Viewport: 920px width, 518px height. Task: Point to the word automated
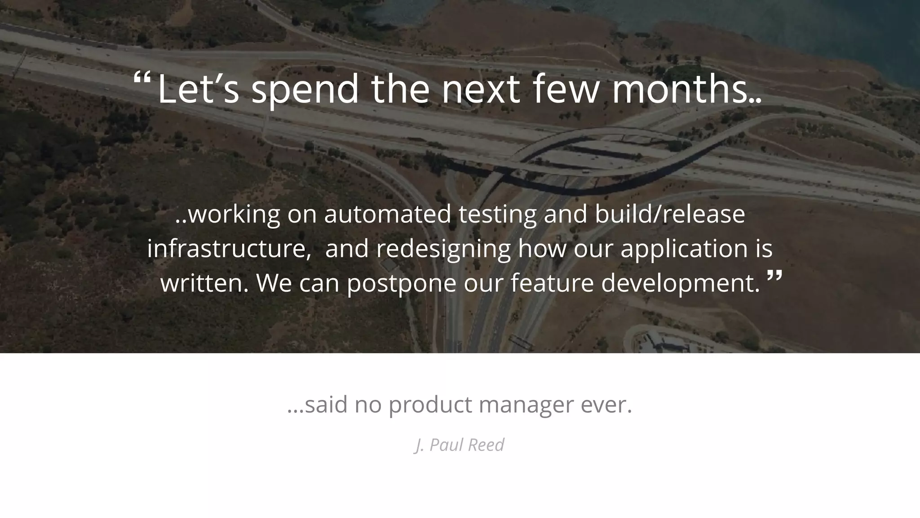coord(387,214)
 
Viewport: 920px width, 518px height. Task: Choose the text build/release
coord(670,214)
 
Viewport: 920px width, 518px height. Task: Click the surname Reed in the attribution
coord(486,445)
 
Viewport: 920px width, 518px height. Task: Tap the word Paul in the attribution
coord(447,445)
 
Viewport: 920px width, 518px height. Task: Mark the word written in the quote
coord(204,283)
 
